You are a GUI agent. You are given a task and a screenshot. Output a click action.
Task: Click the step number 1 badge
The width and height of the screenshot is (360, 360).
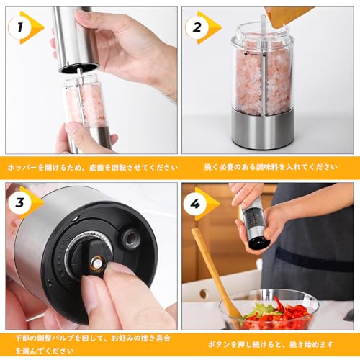(20, 27)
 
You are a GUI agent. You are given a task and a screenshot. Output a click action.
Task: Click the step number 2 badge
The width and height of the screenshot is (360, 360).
(197, 27)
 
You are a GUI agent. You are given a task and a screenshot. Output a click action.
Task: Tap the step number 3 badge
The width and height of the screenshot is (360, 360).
(20, 203)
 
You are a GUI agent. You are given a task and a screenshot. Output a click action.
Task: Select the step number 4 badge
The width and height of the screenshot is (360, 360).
(195, 204)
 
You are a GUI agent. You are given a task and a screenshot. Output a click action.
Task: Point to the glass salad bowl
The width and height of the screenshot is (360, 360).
(269, 310)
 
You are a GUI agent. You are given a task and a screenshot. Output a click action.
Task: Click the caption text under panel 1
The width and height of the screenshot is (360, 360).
(93, 167)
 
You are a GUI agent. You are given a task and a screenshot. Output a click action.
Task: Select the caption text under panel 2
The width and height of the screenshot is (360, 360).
(271, 167)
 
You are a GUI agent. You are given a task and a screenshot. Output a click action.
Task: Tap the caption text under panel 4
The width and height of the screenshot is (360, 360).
(271, 345)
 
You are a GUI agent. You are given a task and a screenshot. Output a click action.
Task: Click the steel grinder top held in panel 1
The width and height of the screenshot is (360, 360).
(76, 40)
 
